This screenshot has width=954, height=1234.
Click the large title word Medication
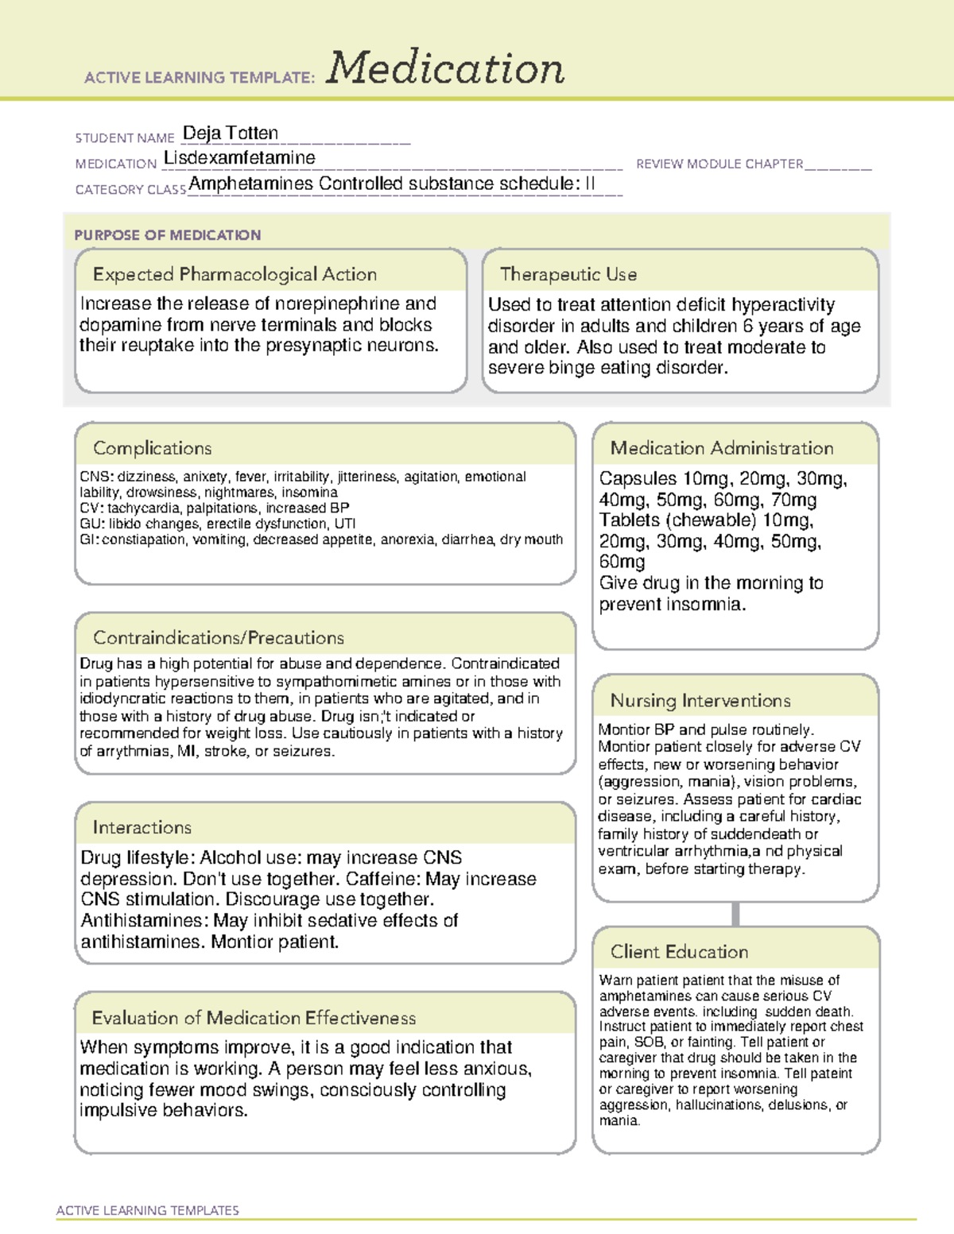tap(445, 68)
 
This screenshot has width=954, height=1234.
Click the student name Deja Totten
tap(231, 133)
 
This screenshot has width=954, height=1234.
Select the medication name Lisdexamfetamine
tap(239, 157)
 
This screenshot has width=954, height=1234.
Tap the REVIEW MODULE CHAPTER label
tap(719, 164)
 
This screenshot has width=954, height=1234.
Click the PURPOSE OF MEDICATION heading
tap(168, 235)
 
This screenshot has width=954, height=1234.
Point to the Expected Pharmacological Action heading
tap(235, 274)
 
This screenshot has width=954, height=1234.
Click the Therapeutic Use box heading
tap(568, 274)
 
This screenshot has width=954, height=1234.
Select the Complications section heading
tap(153, 448)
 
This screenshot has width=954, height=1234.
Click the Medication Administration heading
tap(722, 448)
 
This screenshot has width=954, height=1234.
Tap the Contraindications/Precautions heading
tap(219, 637)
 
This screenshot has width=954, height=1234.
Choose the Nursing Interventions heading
tap(700, 701)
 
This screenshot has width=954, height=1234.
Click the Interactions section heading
tap(142, 827)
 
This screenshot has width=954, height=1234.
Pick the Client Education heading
tap(679, 952)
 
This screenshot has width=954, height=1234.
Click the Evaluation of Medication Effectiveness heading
tap(254, 1018)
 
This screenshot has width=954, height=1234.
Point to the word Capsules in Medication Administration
tap(638, 478)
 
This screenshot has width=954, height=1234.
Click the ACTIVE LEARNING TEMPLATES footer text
tap(148, 1210)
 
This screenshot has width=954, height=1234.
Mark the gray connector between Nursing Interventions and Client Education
tap(735, 914)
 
